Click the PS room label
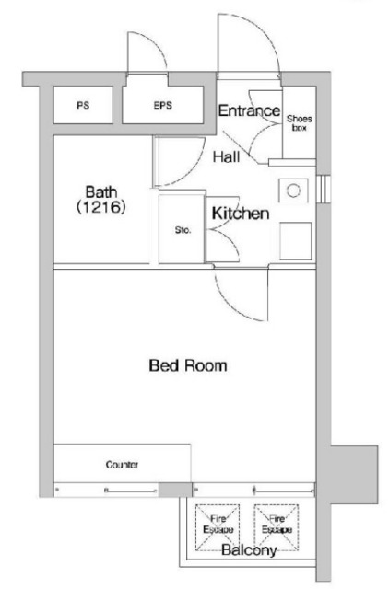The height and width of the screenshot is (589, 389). point(83,105)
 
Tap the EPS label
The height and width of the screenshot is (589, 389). point(163,105)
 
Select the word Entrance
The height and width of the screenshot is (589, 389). point(250,110)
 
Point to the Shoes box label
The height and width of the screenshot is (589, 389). point(299,123)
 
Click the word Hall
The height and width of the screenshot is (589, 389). point(227,156)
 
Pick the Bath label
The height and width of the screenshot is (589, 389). point(101,192)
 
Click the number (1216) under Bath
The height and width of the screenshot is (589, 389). point(100,207)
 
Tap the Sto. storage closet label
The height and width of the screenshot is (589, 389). point(183,230)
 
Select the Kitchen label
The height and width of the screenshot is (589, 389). point(241,214)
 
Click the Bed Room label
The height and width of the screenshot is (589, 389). point(188,365)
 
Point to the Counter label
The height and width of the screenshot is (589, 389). point(122,465)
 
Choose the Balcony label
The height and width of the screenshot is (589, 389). point(249,550)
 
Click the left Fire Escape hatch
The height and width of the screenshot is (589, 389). point(218,527)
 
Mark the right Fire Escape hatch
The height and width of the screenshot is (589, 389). point(277,527)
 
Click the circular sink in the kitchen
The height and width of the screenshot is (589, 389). point(293,191)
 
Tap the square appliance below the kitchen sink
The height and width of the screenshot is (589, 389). point(296,241)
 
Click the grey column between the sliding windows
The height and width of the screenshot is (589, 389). point(175,490)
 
